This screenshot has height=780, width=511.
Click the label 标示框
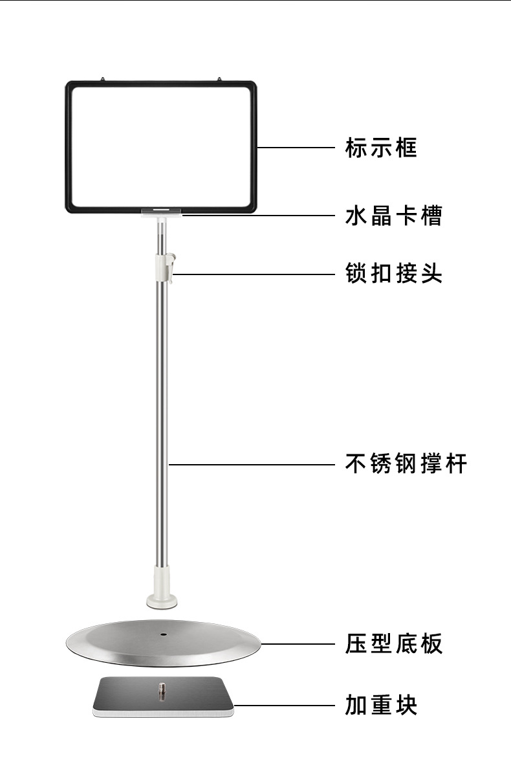381,148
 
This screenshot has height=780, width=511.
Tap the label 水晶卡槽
393,216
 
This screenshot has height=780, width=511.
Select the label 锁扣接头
393,274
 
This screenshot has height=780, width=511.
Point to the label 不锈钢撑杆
406,463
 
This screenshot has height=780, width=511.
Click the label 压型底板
393,644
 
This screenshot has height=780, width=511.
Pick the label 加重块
381,704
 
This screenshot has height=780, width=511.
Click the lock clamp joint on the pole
164,268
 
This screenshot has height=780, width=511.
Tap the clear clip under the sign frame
162,212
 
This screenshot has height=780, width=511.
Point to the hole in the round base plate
162,633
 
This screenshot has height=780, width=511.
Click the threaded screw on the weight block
162,690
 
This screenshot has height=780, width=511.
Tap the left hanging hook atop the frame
104,79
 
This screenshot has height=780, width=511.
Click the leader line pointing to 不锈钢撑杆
252,464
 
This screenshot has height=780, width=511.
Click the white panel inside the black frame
162,146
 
